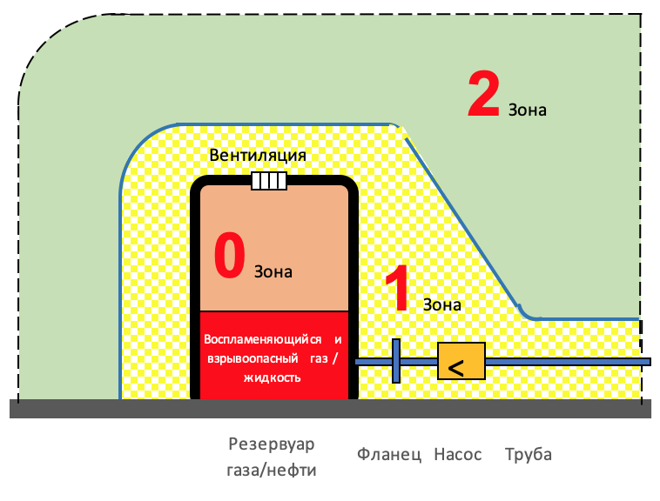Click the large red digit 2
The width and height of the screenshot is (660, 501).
point(483,95)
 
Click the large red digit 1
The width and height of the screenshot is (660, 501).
point(397,291)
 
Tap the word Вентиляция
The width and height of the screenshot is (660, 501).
point(258,155)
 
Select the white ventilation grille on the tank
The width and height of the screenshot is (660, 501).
point(269,181)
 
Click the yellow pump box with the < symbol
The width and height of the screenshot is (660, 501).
point(461,361)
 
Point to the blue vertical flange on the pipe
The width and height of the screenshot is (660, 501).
point(395,361)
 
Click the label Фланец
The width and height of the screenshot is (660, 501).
point(389,454)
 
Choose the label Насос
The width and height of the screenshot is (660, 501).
point(457,454)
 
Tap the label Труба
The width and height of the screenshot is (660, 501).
point(528,454)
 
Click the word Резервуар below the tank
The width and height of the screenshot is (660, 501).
point(271,444)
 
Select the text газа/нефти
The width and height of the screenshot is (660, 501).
point(272,471)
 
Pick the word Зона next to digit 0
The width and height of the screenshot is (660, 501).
point(273,271)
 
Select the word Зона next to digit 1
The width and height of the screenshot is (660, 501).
point(441,304)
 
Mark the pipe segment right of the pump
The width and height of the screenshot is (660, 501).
point(566,361)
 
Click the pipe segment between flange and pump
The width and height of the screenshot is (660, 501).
point(419,361)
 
